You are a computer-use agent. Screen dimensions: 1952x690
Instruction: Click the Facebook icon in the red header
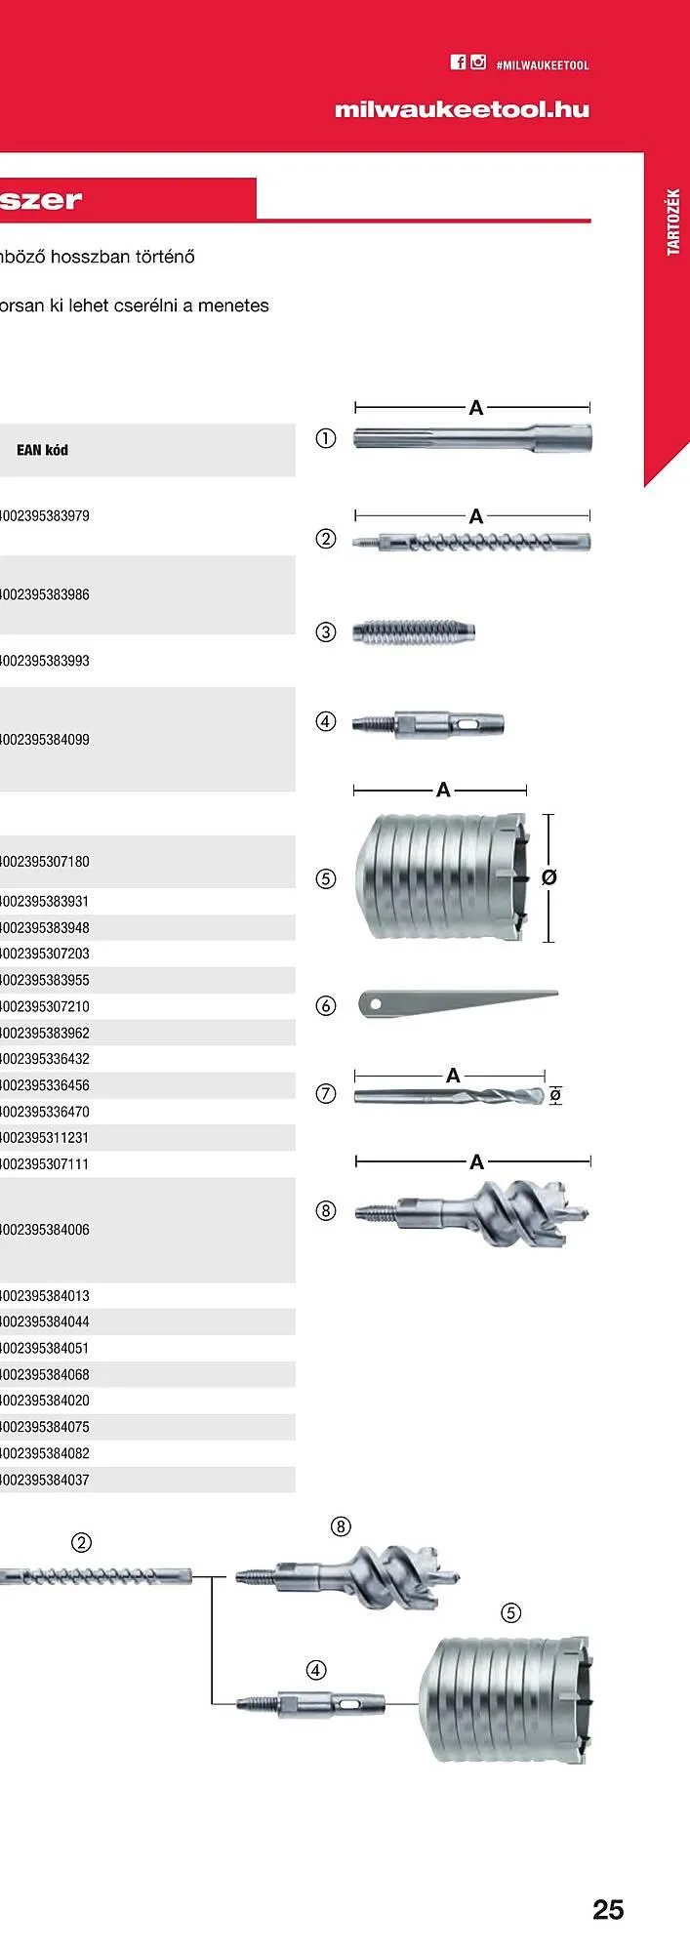458,62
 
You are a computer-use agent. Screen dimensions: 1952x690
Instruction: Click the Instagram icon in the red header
478,62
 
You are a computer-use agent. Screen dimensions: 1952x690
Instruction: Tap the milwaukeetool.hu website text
462,109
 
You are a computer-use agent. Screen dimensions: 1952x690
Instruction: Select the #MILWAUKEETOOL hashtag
543,65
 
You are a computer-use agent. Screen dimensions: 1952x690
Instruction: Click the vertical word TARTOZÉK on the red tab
672,223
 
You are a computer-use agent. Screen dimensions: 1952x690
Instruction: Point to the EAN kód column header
42,450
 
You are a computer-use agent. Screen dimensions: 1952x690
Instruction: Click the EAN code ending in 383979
45,516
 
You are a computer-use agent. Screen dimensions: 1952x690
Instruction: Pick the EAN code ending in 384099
45,740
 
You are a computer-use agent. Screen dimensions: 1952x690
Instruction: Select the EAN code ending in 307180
45,862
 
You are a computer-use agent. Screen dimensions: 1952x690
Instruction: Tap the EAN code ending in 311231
45,1138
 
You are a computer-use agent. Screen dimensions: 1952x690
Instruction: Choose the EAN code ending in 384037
45,1480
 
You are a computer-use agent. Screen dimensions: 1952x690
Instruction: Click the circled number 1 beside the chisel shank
326,438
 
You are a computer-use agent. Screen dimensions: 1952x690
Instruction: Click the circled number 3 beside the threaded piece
326,631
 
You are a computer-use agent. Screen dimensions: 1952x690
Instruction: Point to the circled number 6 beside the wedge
326,1005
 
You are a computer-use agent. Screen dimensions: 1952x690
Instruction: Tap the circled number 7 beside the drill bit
326,1094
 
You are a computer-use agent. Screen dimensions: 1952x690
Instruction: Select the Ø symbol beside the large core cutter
548,877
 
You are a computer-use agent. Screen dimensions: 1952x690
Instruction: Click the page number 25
608,1909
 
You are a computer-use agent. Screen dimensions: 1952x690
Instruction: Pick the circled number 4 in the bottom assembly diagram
316,1670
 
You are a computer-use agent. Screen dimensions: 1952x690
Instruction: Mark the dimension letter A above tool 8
476,1161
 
